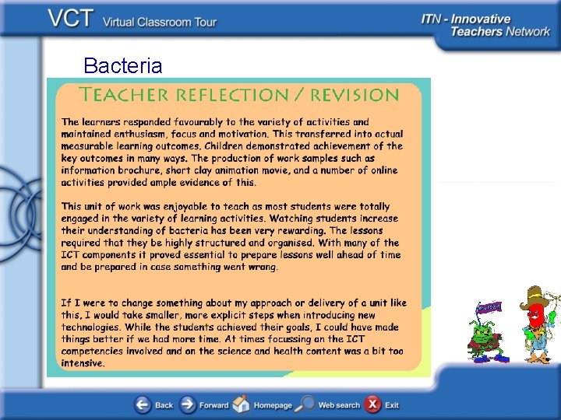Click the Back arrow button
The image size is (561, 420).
(143, 404)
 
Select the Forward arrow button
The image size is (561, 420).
(188, 404)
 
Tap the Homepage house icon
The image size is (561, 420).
(242, 404)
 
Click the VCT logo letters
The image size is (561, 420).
(72, 19)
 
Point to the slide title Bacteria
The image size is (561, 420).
(122, 66)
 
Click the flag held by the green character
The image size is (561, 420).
(489, 306)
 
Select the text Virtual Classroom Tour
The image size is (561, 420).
(160, 22)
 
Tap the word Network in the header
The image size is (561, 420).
(527, 33)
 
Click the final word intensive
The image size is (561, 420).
(82, 363)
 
